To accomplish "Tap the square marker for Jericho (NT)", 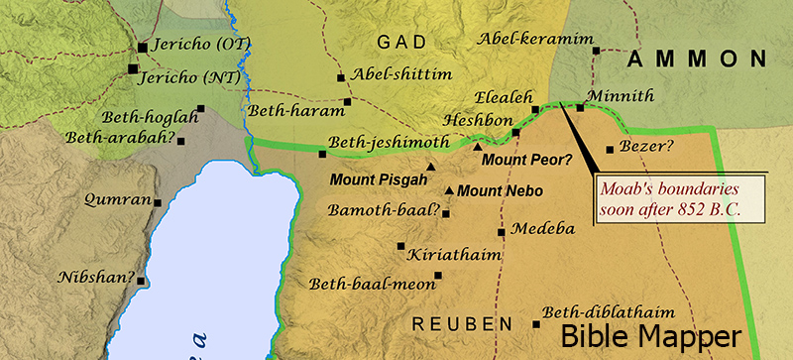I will pos(134,68).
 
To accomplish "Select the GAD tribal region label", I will pos(401,42).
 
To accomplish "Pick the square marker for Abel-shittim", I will pos(341,76).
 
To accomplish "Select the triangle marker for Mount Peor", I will pos(477,147).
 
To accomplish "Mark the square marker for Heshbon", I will pos(515,132).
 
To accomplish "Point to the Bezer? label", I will pos(646,147).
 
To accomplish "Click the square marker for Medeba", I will pos(502,232).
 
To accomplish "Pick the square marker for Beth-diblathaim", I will pos(536,324).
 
